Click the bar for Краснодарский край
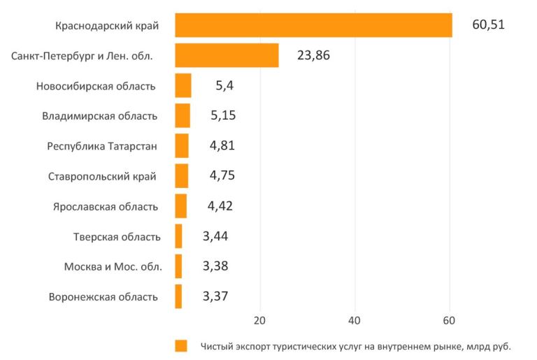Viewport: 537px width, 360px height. [313, 25]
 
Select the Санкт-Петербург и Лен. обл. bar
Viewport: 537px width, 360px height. [227, 55]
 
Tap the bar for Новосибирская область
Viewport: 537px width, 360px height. [183, 85]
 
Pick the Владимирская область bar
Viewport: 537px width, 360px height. [182, 115]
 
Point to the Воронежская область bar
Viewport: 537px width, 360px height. [178, 296]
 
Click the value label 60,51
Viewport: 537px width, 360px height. [488, 25]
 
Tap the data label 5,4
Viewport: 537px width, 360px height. [224, 85]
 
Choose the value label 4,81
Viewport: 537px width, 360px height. [222, 145]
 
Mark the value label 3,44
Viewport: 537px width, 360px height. [215, 236]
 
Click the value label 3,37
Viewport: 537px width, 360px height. [215, 296]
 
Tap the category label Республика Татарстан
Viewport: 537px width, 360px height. [102, 146]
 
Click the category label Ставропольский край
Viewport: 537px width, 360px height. [102, 176]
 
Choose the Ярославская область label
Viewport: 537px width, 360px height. [105, 206]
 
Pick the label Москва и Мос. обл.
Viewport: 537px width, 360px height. [113, 266]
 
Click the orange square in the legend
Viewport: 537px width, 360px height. [181, 346]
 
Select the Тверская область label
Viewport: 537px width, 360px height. [117, 236]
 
